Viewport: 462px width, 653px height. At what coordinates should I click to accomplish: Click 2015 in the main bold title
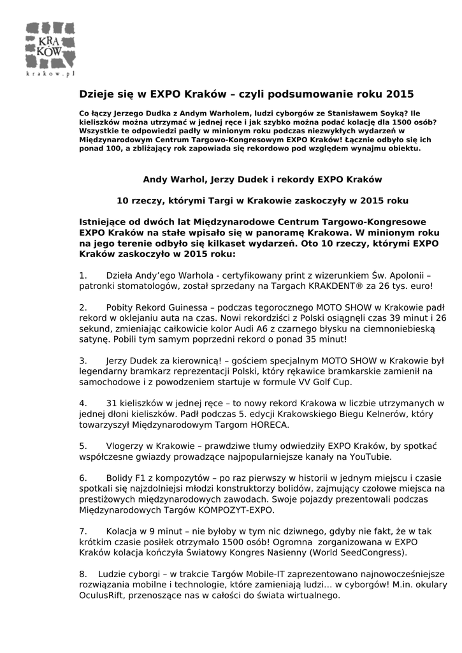[x=400, y=94]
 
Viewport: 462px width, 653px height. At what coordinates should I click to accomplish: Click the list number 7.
[x=83, y=531]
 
